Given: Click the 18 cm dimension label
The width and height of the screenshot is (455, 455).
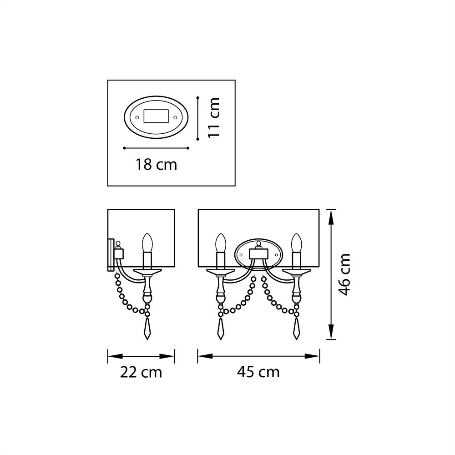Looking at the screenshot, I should click(x=156, y=164).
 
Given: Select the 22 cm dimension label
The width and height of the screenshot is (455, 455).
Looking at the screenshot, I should click(x=141, y=372).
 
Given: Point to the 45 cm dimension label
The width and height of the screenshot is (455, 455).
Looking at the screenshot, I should click(x=258, y=372).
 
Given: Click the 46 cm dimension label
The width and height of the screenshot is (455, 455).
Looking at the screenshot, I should click(x=345, y=274).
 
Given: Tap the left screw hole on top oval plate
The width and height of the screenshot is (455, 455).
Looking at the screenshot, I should click(x=136, y=117).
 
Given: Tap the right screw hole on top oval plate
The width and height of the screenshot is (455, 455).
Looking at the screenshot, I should click(x=175, y=117).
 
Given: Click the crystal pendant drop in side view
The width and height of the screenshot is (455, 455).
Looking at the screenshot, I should click(x=147, y=329).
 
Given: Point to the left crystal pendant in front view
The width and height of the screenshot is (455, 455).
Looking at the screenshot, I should click(x=221, y=329).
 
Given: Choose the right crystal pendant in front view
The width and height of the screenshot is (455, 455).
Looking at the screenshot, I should click(x=297, y=329).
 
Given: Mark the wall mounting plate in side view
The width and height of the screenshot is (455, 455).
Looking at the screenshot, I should click(x=110, y=255).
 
